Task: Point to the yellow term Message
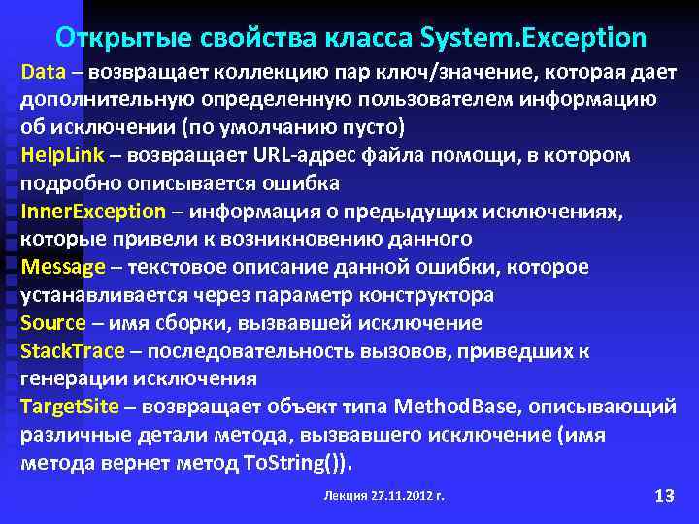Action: click(x=62, y=267)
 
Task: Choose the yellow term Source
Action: click(x=52, y=323)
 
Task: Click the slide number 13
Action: click(x=664, y=496)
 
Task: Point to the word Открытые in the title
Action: click(x=112, y=38)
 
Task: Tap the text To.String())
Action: click(x=297, y=463)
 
